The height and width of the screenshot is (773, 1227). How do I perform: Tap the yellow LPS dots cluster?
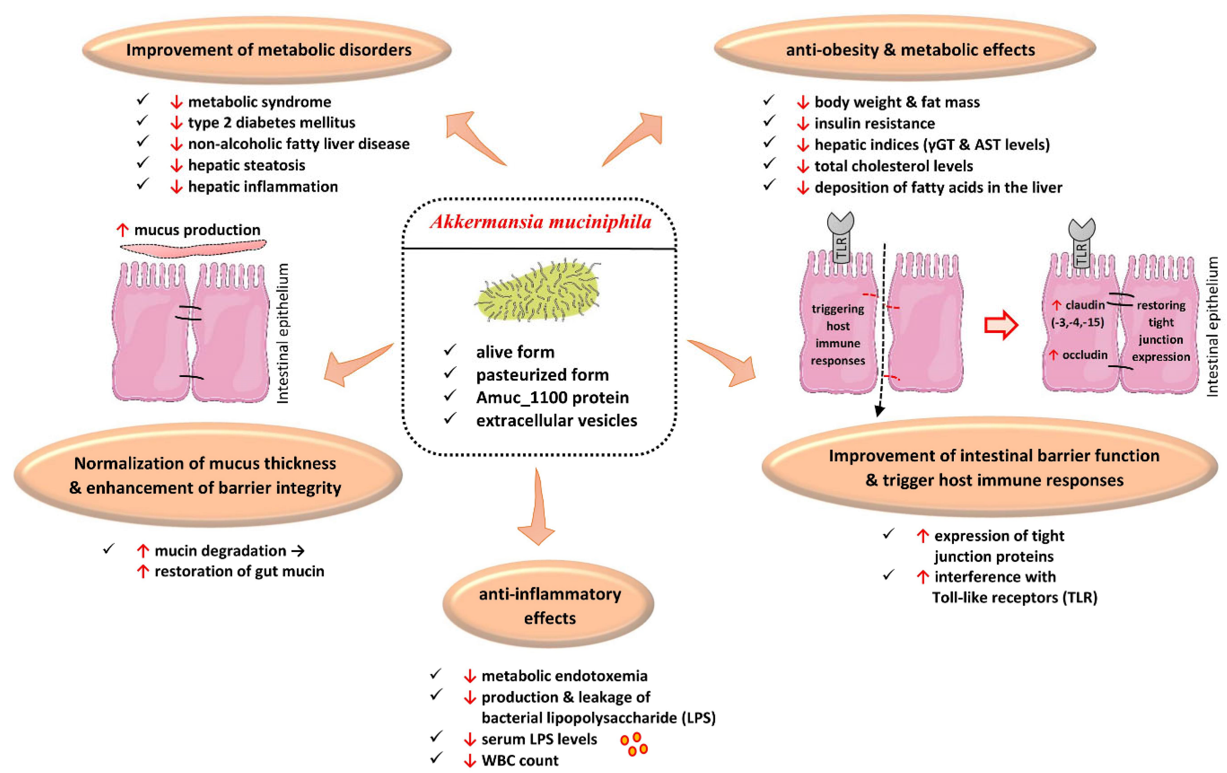point(633,744)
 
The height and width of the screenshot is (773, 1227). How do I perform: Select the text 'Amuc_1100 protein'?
point(552,397)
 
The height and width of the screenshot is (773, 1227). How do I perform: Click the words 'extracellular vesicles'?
point(556,420)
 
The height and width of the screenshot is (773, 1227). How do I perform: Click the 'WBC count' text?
point(520,761)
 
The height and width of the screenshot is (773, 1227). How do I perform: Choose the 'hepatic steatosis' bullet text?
point(247,165)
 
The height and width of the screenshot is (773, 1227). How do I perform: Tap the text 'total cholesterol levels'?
point(894,166)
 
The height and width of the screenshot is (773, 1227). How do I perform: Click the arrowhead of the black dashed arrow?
point(879,411)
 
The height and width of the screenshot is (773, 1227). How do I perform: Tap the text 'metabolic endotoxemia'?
point(565,676)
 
